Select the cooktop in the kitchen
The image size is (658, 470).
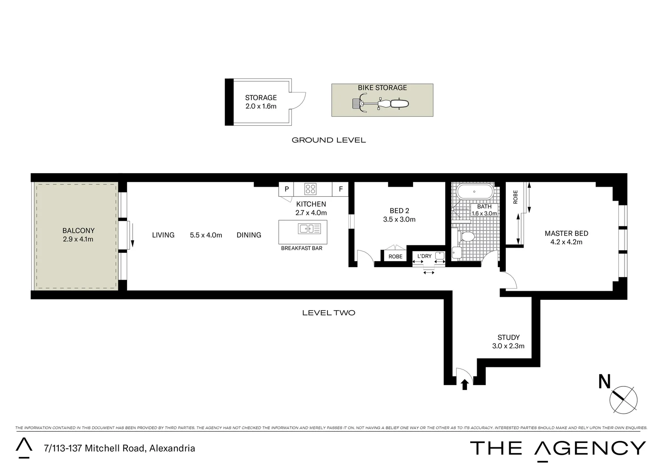311,189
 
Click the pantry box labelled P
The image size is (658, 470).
286,189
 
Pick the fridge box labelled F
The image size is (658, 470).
341,189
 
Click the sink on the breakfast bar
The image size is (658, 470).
309,228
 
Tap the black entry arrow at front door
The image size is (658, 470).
464,384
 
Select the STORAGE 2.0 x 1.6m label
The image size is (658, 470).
261,102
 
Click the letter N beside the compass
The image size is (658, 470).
605,382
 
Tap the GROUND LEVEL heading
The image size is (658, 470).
328,140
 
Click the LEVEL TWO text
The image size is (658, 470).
328,312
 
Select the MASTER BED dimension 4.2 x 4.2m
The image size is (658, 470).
566,242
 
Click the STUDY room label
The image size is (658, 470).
508,337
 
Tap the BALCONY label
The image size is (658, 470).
78,231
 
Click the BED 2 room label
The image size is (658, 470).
399,211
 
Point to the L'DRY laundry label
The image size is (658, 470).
424,256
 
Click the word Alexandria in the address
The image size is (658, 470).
172,448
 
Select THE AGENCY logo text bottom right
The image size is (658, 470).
558,448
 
